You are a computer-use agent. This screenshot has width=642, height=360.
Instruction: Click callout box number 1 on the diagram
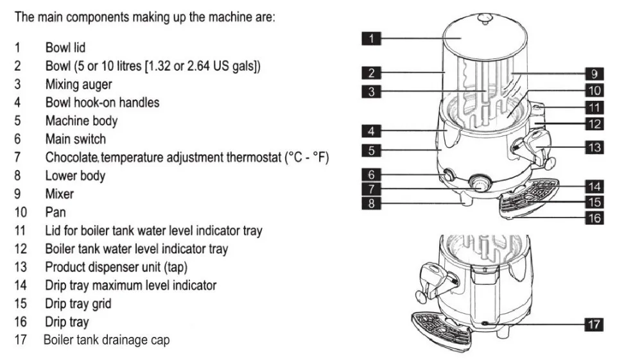coord(371,39)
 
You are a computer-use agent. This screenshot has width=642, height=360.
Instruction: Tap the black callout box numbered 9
coord(594,74)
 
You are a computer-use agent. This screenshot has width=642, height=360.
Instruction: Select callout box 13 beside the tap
coord(594,148)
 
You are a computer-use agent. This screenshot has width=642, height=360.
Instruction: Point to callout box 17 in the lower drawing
coord(594,325)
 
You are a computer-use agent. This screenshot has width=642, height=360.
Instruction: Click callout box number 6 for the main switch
coord(371,175)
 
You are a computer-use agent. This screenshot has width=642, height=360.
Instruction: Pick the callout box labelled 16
coord(594,218)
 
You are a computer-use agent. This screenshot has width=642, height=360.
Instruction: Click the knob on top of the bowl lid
coord(485,19)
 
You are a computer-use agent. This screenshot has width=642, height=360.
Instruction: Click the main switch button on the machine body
coord(448,175)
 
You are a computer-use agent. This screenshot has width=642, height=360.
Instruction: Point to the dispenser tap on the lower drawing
coord(435,283)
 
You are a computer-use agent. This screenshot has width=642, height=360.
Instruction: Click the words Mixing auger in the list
coord(78,84)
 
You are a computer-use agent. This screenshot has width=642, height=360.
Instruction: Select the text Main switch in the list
coord(75,139)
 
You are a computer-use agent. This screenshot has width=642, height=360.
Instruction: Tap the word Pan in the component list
coord(55,212)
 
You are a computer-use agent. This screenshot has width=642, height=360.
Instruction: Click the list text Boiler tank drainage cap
coord(107,340)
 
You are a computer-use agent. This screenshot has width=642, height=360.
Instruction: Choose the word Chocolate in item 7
coord(71,157)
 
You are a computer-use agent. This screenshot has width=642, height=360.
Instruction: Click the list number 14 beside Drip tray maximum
coord(21,285)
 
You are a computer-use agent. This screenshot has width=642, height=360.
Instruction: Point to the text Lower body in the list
coord(75,175)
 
